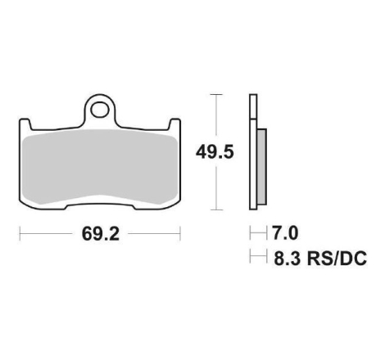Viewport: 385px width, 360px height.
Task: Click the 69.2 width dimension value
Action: coord(101,234)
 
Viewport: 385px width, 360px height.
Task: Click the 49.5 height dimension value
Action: coord(215,152)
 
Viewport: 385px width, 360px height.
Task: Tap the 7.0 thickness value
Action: coord(285,233)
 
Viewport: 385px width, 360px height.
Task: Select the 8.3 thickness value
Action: coord(288,259)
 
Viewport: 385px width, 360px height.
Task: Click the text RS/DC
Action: coord(337,259)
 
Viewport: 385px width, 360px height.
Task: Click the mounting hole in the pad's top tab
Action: coord(99,110)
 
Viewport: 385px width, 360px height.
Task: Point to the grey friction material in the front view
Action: coord(100,166)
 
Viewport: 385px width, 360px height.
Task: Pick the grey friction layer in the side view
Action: coord(262,167)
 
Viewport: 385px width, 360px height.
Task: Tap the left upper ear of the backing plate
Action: coord(25,124)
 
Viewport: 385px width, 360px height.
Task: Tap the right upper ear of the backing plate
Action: coord(174,124)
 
